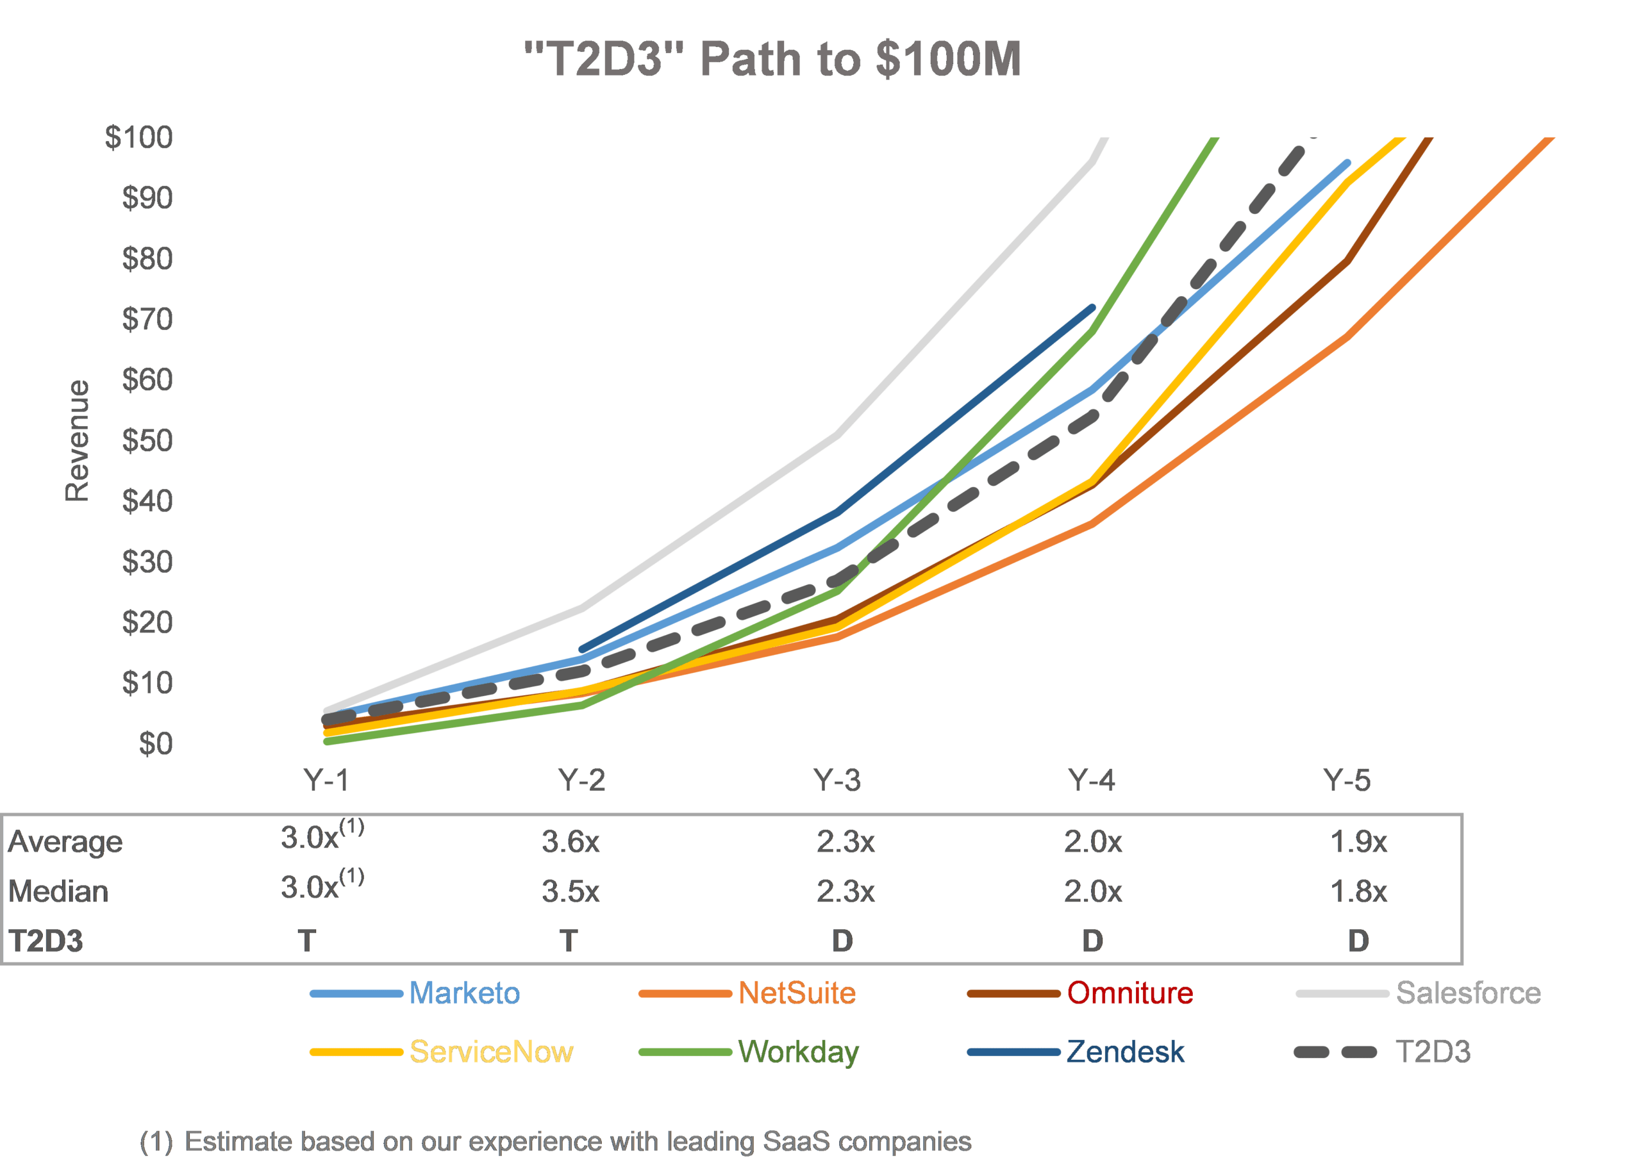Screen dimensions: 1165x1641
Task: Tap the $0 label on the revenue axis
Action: tap(156, 744)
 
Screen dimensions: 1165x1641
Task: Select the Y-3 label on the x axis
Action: tap(837, 780)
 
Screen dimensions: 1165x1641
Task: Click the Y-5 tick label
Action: tap(1347, 780)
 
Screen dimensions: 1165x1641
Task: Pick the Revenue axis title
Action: tap(78, 441)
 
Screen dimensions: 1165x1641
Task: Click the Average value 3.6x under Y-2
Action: tap(571, 841)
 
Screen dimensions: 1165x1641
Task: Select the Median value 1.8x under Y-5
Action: tap(1358, 891)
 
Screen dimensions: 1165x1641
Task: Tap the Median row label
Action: tap(58, 891)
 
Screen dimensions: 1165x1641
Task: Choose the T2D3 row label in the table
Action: tap(46, 941)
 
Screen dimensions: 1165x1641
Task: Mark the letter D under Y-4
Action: tap(1092, 941)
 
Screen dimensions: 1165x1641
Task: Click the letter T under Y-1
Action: tap(307, 941)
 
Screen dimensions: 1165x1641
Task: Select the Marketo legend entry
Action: tap(464, 993)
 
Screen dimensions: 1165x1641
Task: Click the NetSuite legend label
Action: tap(797, 993)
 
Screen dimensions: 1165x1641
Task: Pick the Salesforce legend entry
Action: tap(1468, 993)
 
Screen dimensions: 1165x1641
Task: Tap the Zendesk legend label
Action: tap(1125, 1052)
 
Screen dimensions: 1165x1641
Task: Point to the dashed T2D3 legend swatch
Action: tap(1335, 1052)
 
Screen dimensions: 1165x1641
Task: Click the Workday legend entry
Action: tap(798, 1052)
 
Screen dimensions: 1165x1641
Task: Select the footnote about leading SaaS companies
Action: tap(555, 1141)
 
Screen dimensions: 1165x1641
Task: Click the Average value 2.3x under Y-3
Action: tap(845, 841)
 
